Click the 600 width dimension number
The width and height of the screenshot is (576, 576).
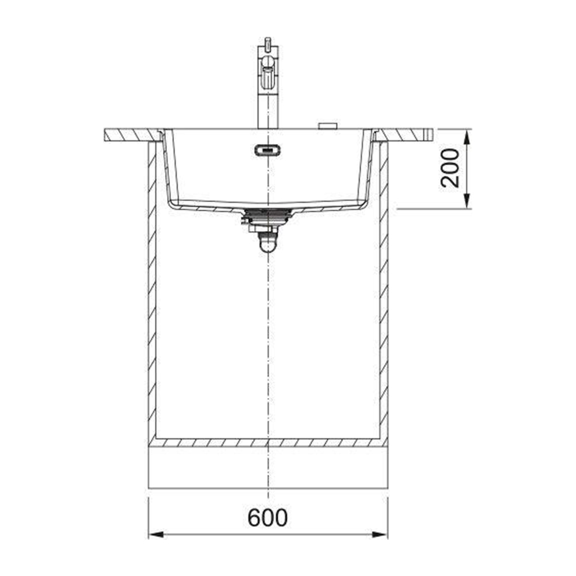point(267,518)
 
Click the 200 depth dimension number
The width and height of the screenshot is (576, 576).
point(450,168)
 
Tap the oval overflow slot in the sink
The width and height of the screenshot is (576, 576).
point(267,150)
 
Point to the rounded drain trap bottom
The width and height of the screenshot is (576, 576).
point(268,246)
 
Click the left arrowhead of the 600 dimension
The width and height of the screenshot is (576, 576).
point(156,535)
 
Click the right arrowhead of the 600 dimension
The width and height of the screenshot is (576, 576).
point(380,535)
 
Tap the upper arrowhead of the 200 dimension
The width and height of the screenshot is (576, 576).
point(467,137)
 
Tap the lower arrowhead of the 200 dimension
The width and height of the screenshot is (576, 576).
point(467,201)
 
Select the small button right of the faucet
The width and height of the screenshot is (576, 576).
point(328,126)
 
